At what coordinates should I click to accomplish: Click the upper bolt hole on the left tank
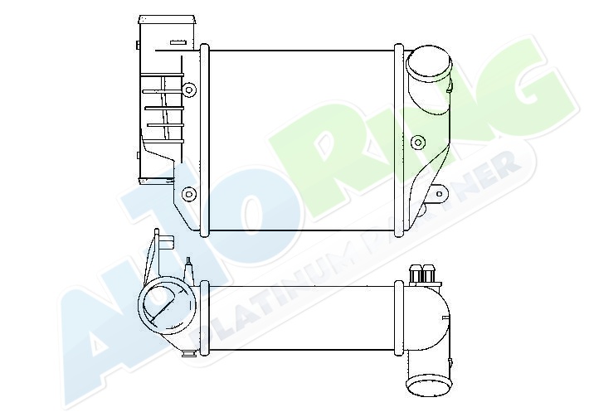[x=189, y=90]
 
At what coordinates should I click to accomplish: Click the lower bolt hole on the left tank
[x=189, y=194]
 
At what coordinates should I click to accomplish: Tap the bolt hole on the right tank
[x=418, y=143]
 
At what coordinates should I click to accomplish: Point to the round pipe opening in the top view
[x=429, y=63]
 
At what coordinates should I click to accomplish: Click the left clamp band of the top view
[x=204, y=140]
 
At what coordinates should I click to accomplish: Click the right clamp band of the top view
[x=399, y=140]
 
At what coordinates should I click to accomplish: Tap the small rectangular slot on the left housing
[x=178, y=42]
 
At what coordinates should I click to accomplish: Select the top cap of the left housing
[x=167, y=20]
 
